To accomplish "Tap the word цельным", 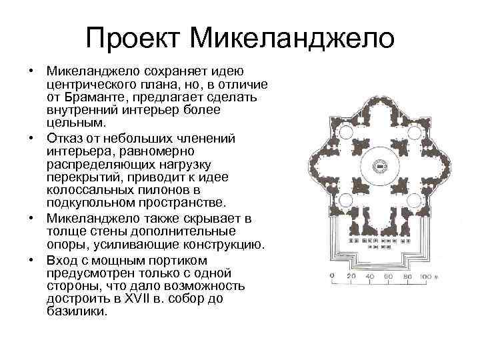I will tap(75, 124).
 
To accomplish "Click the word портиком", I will tap(179, 259).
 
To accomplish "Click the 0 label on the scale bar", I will tap(332, 275).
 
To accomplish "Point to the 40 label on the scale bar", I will tap(371, 275).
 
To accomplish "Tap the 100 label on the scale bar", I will tap(428, 275).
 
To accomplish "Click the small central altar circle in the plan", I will tap(382, 165).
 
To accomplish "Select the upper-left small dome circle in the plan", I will tap(347, 132).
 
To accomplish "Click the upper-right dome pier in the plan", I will tap(407, 141).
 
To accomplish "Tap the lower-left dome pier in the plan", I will tap(357, 190).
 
